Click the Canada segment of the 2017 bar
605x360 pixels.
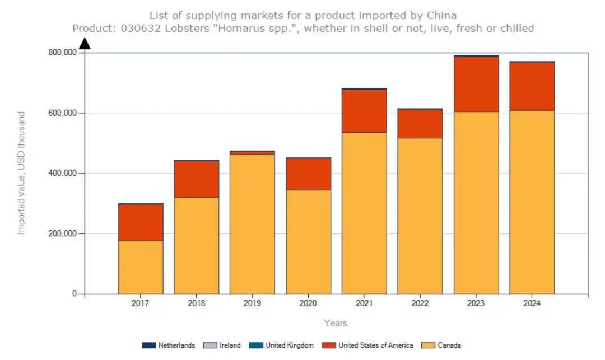(141, 267)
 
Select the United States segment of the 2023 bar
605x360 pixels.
(476, 84)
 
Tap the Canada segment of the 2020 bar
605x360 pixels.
(308, 242)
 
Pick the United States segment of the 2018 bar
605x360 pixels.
(197, 179)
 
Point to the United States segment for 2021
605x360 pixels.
(364, 111)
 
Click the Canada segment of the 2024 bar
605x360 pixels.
(532, 202)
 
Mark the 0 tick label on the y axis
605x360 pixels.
(74, 293)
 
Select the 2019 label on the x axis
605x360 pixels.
(252, 303)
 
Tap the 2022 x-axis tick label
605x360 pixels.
(420, 303)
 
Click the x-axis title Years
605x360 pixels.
(336, 323)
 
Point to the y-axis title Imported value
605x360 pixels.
(21, 173)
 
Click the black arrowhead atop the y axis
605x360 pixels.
(85, 44)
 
